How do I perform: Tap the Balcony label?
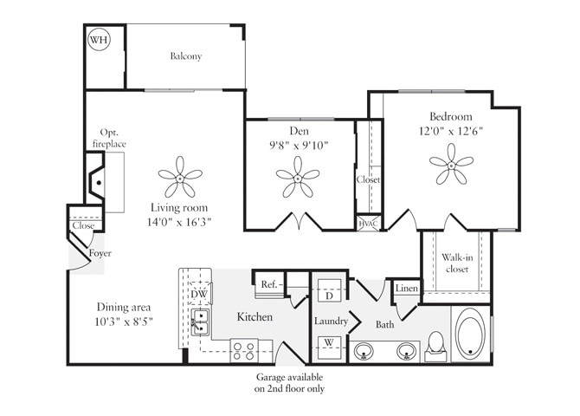[185, 56]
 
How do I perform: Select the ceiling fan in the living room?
[180, 177]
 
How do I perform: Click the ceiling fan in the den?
[297, 177]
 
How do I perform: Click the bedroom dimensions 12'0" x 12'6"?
[450, 132]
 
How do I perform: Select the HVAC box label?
[368, 223]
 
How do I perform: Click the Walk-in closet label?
[455, 263]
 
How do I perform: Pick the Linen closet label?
[406, 289]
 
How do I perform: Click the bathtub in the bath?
[473, 335]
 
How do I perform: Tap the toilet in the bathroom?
[436, 344]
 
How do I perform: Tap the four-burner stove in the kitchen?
[243, 351]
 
